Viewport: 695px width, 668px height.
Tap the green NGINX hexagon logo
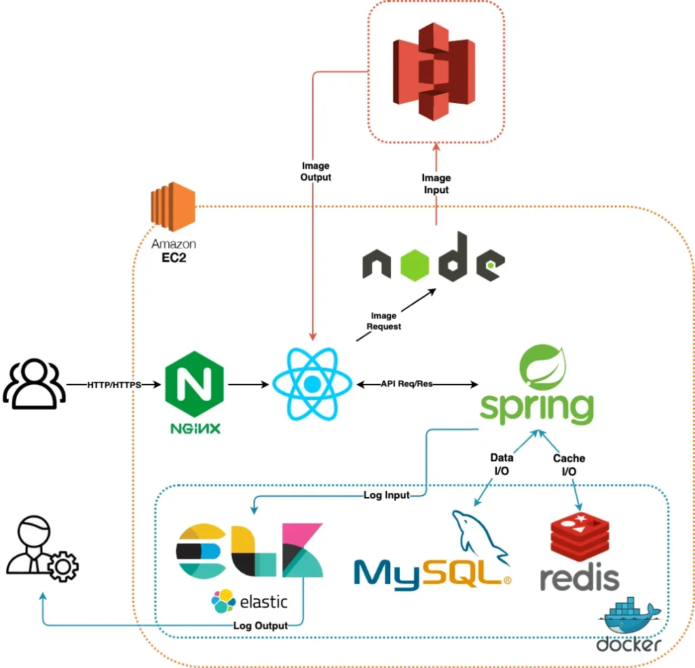pyautogui.click(x=194, y=384)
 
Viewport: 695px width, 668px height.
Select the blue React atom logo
pyautogui.click(x=312, y=385)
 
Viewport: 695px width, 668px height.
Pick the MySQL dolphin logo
pyautogui.click(x=483, y=535)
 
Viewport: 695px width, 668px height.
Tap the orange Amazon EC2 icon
pyautogui.click(x=173, y=206)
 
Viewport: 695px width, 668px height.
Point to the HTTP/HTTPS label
pyautogui.click(x=114, y=385)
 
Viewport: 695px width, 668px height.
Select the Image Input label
pyautogui.click(x=436, y=184)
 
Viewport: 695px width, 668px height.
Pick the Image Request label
pyautogui.click(x=383, y=321)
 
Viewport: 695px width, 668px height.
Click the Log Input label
pyautogui.click(x=386, y=495)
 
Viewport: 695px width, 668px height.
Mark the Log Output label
pyautogui.click(x=260, y=625)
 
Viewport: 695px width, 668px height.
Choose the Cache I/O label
pyautogui.click(x=569, y=464)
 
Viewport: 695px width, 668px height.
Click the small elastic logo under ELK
pyautogui.click(x=250, y=600)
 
